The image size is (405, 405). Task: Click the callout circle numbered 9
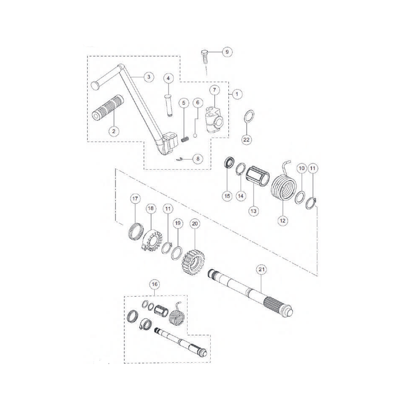226,52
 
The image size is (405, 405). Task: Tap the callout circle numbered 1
237,94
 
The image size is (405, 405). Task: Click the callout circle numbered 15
227,195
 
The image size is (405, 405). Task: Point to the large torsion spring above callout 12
283,186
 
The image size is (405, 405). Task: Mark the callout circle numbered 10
301,169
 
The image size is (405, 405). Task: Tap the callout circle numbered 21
261,269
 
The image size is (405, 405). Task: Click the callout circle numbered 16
154,285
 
